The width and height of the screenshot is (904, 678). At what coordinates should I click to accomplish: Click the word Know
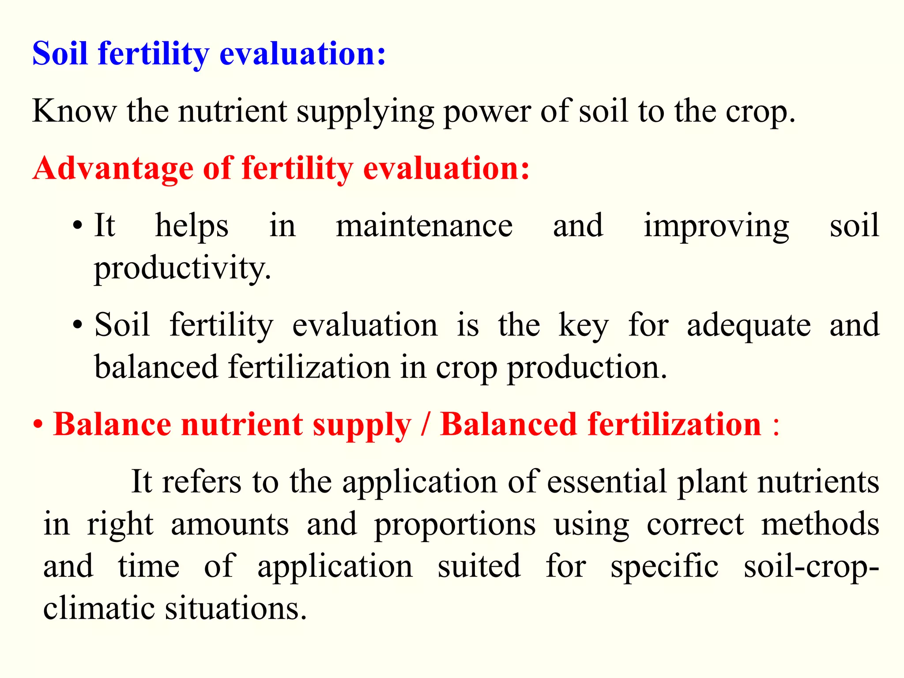click(x=74, y=111)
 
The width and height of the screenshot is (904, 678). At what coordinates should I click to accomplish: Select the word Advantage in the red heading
click(x=113, y=169)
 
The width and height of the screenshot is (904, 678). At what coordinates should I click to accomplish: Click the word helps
click(x=192, y=226)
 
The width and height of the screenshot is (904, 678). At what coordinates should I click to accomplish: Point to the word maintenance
click(x=424, y=226)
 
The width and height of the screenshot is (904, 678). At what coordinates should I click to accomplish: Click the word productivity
click(x=182, y=268)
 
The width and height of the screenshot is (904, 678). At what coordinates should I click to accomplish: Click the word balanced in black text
click(x=157, y=367)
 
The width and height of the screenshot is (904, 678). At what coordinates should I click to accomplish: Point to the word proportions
click(x=455, y=525)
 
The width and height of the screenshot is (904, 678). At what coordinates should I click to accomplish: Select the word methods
click(x=820, y=524)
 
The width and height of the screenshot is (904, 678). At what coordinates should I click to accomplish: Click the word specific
click(x=664, y=567)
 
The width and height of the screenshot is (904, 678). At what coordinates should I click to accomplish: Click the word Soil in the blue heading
click(x=60, y=54)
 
